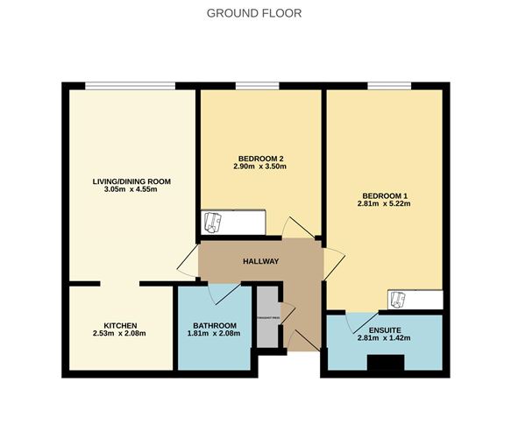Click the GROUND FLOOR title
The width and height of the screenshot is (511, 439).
254,12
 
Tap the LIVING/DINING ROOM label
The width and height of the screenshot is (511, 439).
131,181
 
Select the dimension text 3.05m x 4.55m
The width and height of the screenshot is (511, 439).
131,191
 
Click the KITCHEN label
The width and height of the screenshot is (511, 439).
120,324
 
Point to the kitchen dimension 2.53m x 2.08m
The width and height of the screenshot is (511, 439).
119,334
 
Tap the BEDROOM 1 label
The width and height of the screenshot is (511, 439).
385,195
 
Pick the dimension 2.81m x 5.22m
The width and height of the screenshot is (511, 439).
385,204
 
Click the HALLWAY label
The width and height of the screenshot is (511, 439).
260,261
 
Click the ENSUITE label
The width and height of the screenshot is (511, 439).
385,329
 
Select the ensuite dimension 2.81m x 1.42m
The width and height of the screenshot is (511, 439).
385,338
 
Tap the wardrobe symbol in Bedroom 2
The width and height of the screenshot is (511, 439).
214,223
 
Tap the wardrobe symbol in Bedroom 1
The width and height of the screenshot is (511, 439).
399,300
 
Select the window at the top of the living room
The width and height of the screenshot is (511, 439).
130,85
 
